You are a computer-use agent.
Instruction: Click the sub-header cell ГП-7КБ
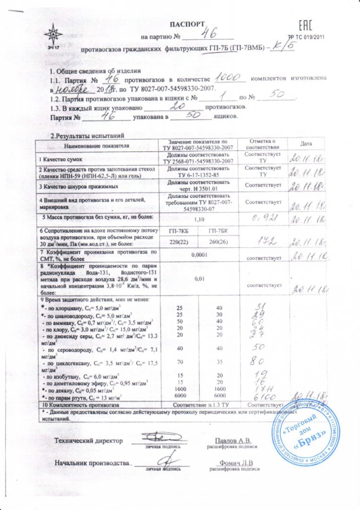pyautogui.click(x=178, y=231)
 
